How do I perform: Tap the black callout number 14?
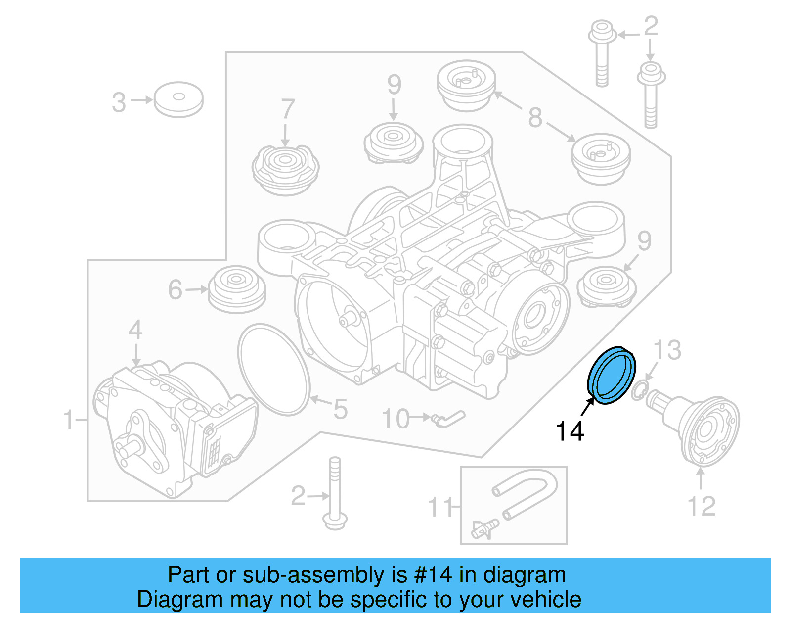(x=570, y=431)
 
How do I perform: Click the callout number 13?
(x=667, y=350)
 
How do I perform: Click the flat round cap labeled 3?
(x=178, y=99)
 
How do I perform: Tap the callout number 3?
(x=119, y=102)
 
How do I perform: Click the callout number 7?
(x=288, y=110)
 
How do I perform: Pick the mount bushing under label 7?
(x=285, y=168)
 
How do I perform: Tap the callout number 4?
(x=135, y=331)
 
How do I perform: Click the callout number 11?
(x=440, y=507)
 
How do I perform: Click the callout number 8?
(x=535, y=118)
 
